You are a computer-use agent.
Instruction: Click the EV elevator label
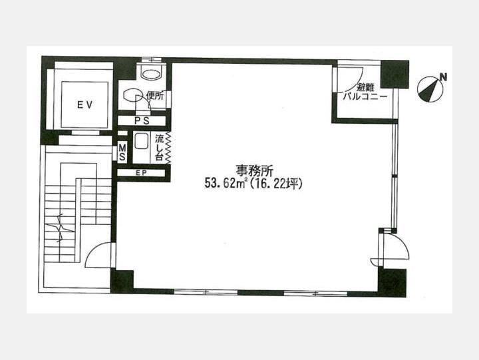pyautogui.click(x=84, y=105)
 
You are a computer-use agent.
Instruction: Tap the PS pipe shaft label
pyautogui.click(x=142, y=121)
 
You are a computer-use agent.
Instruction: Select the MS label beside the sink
pyautogui.click(x=122, y=152)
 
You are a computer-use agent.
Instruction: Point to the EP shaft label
pyautogui.click(x=141, y=173)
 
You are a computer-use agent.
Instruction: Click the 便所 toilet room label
pyautogui.click(x=155, y=96)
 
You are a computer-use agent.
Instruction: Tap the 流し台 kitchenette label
pyautogui.click(x=159, y=148)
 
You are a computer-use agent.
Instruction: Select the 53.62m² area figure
pyautogui.click(x=226, y=184)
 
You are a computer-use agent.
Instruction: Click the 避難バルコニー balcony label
pyautogui.click(x=365, y=92)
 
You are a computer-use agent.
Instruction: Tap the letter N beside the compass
pyautogui.click(x=443, y=77)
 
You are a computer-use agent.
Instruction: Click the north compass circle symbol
pyautogui.click(x=430, y=89)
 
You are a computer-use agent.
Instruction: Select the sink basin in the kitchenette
pyautogui.click(x=141, y=142)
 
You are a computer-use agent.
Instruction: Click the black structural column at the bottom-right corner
pyautogui.click(x=392, y=283)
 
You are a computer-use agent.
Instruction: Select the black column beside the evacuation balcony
pyautogui.click(x=395, y=75)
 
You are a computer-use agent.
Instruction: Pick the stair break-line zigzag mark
pyautogui.click(x=60, y=228)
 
